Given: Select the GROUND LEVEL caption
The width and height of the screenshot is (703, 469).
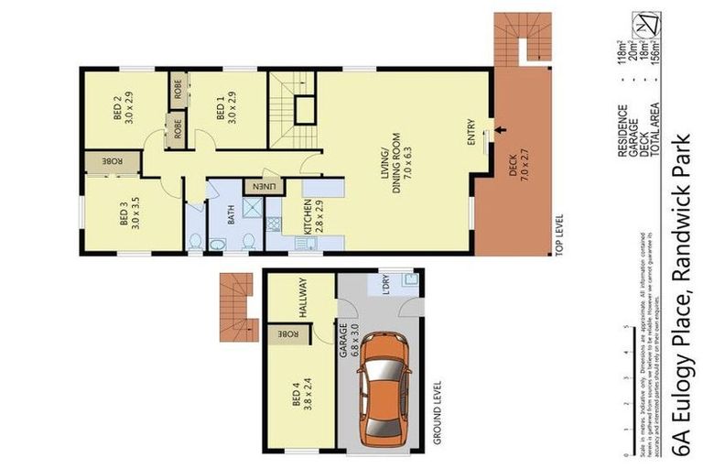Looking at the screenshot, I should [438, 413].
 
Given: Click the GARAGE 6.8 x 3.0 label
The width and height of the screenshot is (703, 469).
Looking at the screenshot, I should [349, 339].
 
